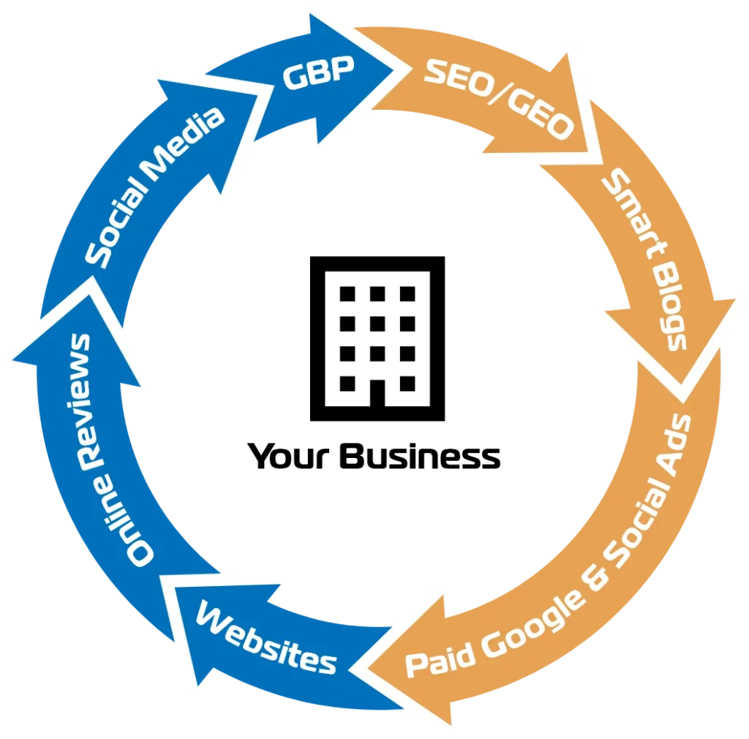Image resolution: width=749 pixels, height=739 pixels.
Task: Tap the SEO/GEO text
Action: click(x=497, y=100)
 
